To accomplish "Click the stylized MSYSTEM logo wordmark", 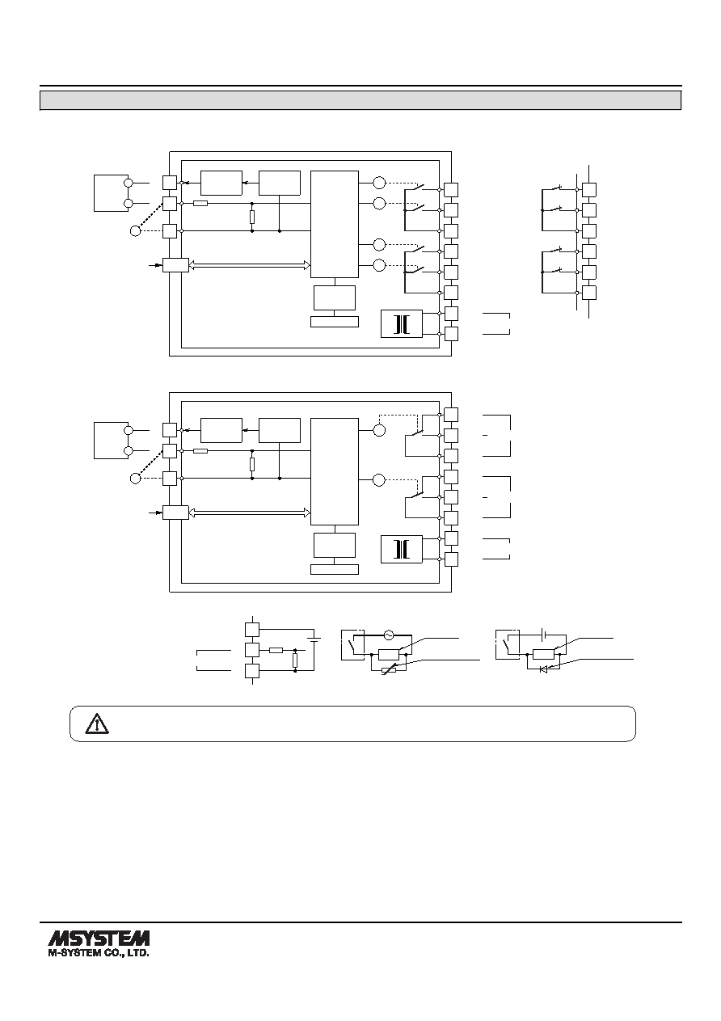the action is coord(99,939).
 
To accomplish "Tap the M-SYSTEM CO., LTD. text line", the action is coord(99,952).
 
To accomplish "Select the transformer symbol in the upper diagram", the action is coord(402,324).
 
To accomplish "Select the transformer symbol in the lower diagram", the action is coord(402,549).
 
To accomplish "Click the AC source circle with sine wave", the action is coord(388,635).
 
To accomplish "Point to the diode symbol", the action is coord(543,669).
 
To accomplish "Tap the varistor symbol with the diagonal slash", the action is coord(389,669).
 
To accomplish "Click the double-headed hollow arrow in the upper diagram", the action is coord(249,265).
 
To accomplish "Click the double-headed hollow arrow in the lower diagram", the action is coord(249,513).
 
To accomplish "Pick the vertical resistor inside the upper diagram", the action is coord(252,217).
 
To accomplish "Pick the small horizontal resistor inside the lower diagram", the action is coord(200,451).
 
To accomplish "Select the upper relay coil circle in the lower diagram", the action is coord(379,430).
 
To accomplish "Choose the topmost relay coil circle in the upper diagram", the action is coord(379,183).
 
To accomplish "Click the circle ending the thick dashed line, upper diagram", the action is coord(135,231).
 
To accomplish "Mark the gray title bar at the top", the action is coord(360,100).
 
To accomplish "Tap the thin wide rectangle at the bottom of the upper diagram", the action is coord(335,322).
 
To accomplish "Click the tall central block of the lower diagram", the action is coord(335,471).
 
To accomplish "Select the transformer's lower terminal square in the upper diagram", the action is coord(451,334).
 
